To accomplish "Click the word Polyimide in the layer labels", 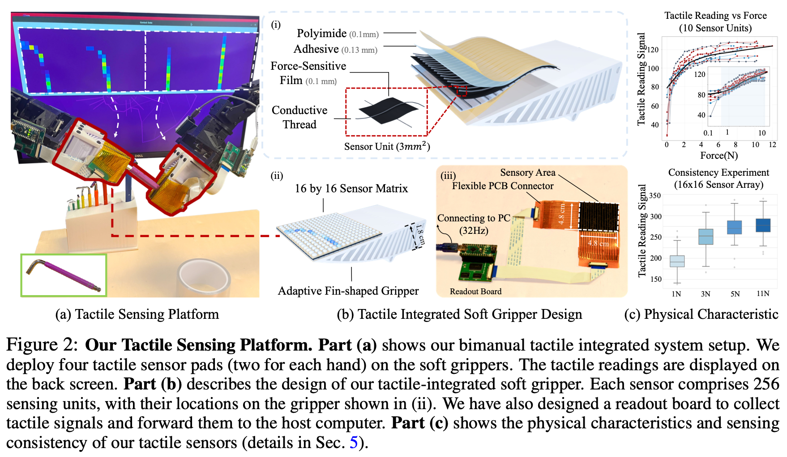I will pos(321,34).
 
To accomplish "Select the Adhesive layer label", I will pos(316,49).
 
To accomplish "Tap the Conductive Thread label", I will pos(299,117).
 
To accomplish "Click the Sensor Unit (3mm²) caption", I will pos(387,146).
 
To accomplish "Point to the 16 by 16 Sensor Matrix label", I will pos(351,189).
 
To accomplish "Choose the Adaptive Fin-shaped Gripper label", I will pos(348,291).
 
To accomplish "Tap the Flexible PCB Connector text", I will pos(502,186).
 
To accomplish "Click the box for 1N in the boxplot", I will pos(677,261).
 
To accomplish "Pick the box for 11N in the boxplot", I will pos(763,225).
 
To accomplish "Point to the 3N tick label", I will pos(706,294).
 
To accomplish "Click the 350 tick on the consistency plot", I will pos(655,196).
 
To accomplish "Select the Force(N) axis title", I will pos(719,156).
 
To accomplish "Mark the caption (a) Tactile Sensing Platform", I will pos(137,314).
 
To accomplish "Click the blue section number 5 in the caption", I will pos(353,443).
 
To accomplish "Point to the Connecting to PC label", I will pos(473,218).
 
